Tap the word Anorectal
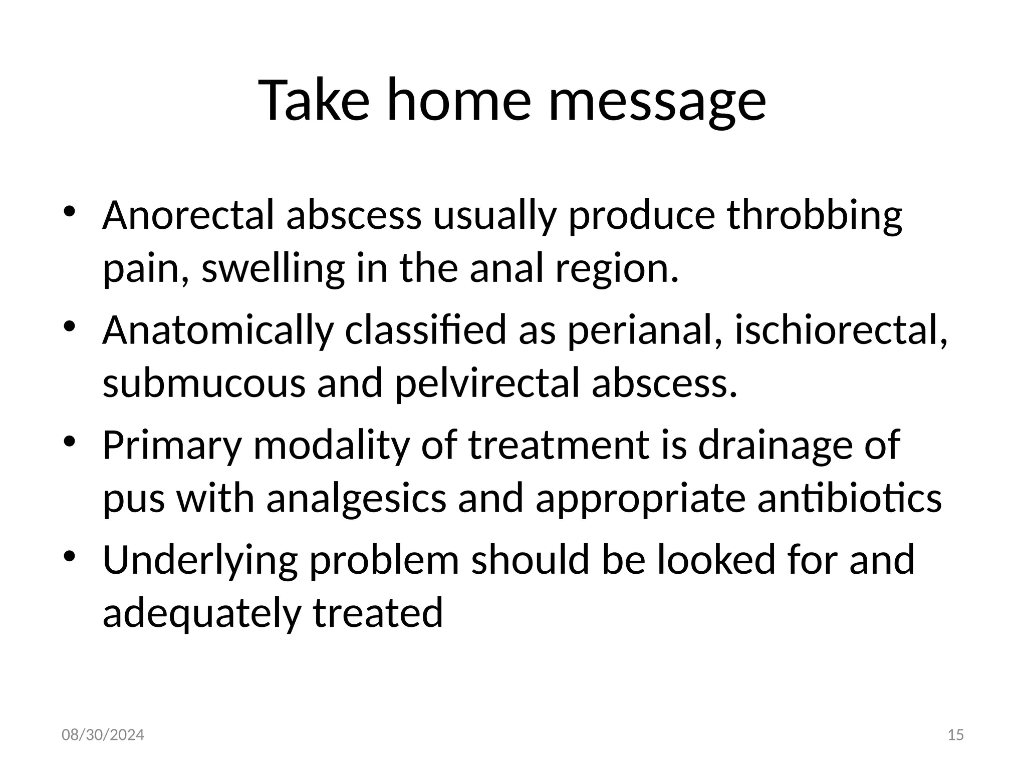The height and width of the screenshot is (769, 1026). (188, 215)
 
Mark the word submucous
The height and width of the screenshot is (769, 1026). (203, 383)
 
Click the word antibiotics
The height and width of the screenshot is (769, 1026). (849, 499)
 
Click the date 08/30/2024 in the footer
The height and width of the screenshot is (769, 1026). (103, 735)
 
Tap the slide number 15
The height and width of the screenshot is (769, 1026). (956, 735)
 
